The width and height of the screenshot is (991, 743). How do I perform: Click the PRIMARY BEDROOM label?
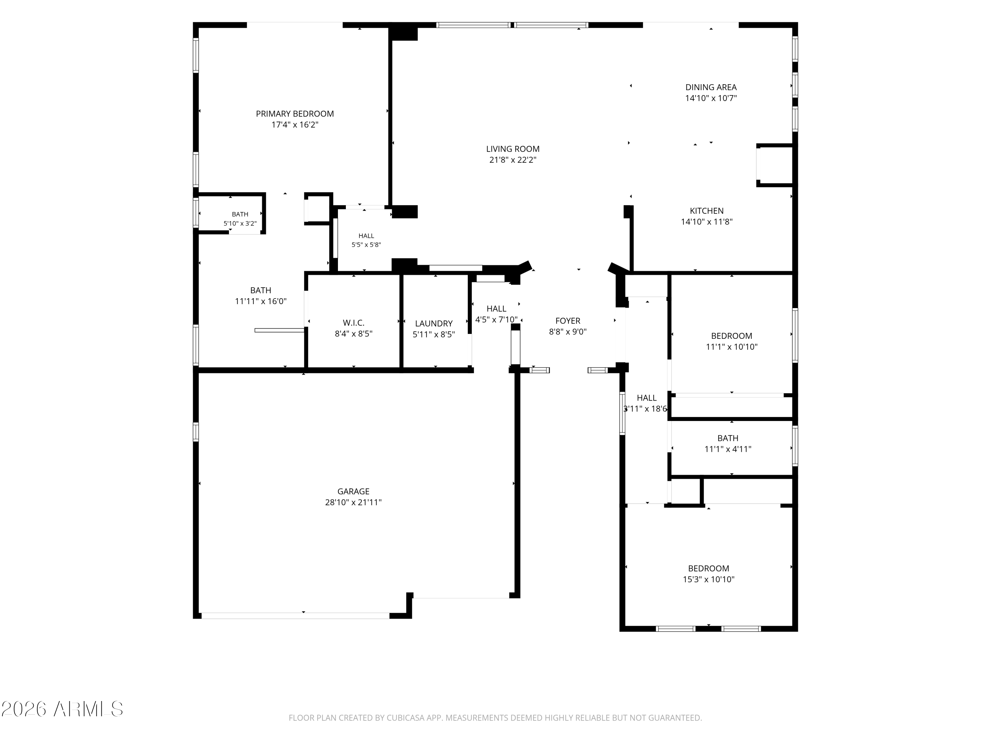[x=295, y=114]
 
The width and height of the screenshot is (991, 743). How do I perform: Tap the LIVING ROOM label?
[x=513, y=149]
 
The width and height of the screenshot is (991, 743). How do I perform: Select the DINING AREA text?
[x=711, y=87]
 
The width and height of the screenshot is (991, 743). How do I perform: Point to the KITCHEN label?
[x=707, y=210]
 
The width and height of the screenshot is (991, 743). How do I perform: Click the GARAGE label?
[x=353, y=491]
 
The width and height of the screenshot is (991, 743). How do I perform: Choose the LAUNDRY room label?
[x=434, y=323]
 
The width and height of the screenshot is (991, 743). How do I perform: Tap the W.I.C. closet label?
[x=353, y=322]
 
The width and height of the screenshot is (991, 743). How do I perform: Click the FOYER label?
[x=568, y=321]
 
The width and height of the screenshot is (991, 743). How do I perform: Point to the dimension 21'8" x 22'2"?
[x=513, y=160]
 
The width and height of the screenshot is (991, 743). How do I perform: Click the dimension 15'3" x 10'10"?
[x=708, y=580]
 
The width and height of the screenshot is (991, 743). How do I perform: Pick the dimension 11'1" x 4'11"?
[x=728, y=449]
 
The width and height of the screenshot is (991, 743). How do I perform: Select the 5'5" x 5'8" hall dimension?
[x=366, y=245]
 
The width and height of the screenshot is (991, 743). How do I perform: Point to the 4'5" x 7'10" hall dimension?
[x=496, y=320]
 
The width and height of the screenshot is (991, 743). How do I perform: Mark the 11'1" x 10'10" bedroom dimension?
[x=732, y=347]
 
